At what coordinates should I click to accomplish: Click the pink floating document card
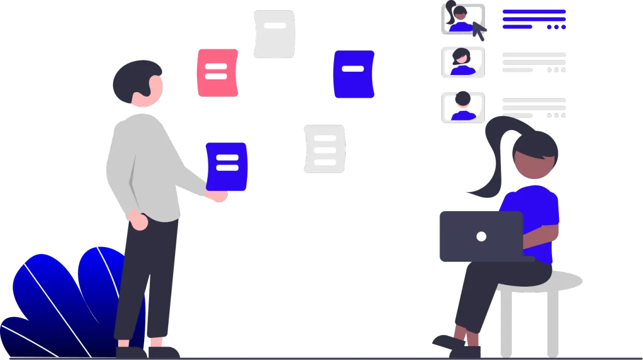[x=217, y=73]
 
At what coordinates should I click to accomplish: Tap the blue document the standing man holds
[x=227, y=166]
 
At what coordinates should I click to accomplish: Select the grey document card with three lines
[x=325, y=149]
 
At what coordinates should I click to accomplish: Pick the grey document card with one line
[x=274, y=34]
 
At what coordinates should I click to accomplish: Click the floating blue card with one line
[x=353, y=74]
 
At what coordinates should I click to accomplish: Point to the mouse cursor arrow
[x=478, y=31]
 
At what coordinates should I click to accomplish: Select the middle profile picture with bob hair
[x=462, y=63]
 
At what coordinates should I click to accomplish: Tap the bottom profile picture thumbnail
[x=462, y=107]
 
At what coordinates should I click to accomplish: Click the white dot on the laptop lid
[x=481, y=236]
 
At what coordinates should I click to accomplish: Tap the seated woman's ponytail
[x=493, y=161]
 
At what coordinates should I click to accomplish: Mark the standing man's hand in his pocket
[x=139, y=221]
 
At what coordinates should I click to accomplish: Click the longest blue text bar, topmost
[x=534, y=11]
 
